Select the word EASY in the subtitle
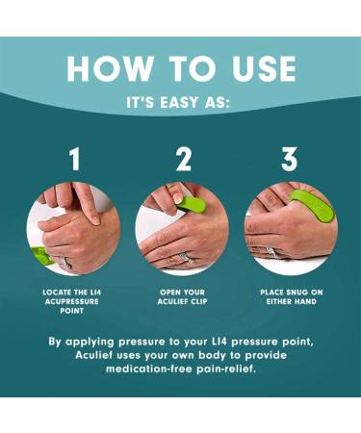click(x=179, y=103)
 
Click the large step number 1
click(x=75, y=159)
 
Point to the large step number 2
click(x=184, y=159)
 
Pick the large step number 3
click(x=289, y=159)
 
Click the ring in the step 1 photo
click(x=65, y=263)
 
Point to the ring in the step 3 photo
click(x=271, y=252)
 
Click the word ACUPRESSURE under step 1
click(x=72, y=301)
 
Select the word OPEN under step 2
click(x=171, y=293)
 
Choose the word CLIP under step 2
click(x=199, y=301)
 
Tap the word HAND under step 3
click(x=304, y=301)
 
